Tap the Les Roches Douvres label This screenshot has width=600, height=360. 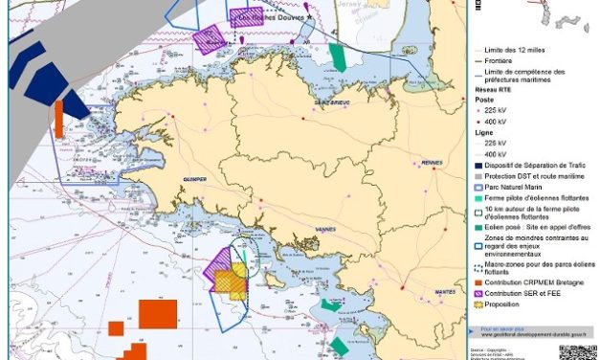pos(267,16)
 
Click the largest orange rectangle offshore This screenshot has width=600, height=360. pos(158,314)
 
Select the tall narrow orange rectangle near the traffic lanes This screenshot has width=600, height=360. pos(58,120)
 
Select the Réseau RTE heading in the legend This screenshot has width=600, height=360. pos(497,90)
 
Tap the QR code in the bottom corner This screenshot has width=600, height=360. pos(579,347)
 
